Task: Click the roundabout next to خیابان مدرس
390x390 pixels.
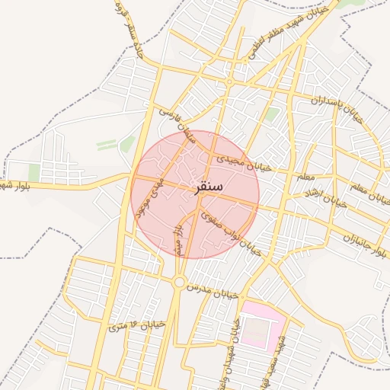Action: pos(179,282)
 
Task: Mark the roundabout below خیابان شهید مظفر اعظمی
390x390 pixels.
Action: pos(229,82)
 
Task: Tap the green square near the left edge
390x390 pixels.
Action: pos(34,172)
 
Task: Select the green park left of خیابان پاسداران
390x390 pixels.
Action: pos(272,115)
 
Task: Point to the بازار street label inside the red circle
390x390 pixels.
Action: pos(177,237)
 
